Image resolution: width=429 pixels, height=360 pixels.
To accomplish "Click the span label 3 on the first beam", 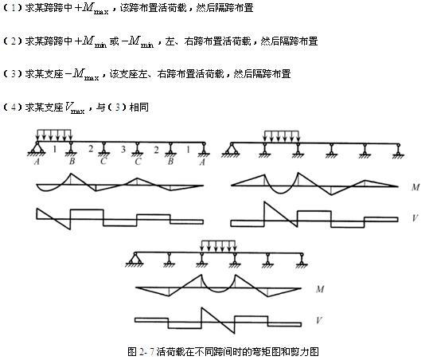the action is click(x=123, y=149).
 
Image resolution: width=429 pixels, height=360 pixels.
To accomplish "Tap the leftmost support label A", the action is click(x=37, y=162).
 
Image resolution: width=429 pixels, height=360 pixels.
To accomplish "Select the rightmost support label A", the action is click(x=202, y=162).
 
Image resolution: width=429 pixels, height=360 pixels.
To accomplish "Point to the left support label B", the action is click(x=72, y=161).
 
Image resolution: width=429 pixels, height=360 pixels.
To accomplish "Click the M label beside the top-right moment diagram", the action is click(x=415, y=187).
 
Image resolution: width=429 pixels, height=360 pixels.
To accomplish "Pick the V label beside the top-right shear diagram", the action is click(x=415, y=218).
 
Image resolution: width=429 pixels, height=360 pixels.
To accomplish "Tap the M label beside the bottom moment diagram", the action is click(x=320, y=289).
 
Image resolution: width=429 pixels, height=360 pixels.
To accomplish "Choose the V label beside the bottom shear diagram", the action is click(x=319, y=320).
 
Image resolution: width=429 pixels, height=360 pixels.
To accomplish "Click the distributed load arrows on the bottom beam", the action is click(x=218, y=246).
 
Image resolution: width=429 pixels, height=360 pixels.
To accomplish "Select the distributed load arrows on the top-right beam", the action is click(x=282, y=136).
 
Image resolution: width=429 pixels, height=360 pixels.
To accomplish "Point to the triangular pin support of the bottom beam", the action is click(x=134, y=259).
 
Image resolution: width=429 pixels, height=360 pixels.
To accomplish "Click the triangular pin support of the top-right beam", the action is click(x=231, y=150).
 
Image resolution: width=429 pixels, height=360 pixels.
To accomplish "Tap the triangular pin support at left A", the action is click(x=37, y=149).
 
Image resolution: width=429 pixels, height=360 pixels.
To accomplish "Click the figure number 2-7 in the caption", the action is click(x=146, y=352).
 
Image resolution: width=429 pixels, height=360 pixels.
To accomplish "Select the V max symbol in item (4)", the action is click(x=75, y=108).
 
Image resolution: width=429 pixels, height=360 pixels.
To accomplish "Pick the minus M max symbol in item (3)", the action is click(x=82, y=74).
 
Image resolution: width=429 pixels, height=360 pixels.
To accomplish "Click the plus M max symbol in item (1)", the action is click(x=92, y=9).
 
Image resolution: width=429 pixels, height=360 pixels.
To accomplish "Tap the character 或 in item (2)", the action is click(x=114, y=41).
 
